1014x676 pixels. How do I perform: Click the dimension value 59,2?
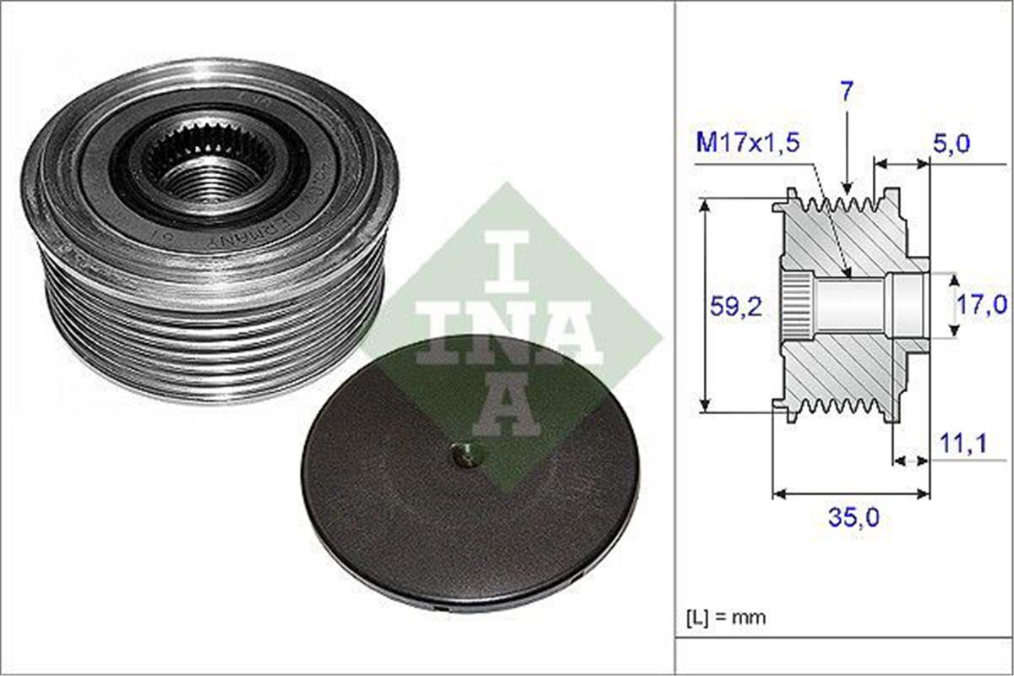(x=735, y=306)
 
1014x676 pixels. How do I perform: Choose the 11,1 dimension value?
(x=963, y=444)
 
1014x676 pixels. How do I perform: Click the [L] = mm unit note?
(x=728, y=617)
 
